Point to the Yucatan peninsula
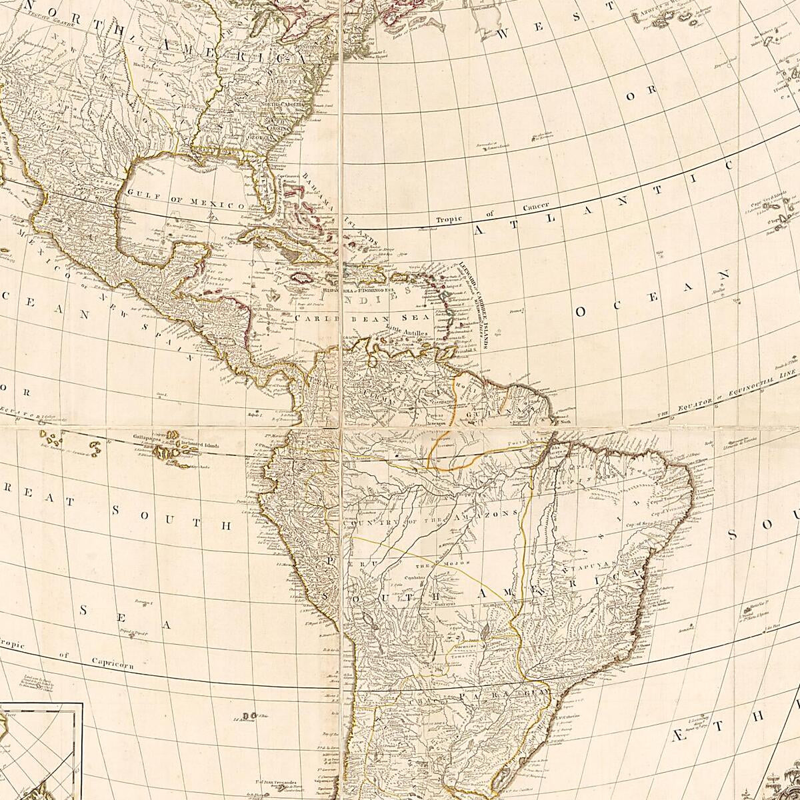pyautogui.click(x=190, y=253)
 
